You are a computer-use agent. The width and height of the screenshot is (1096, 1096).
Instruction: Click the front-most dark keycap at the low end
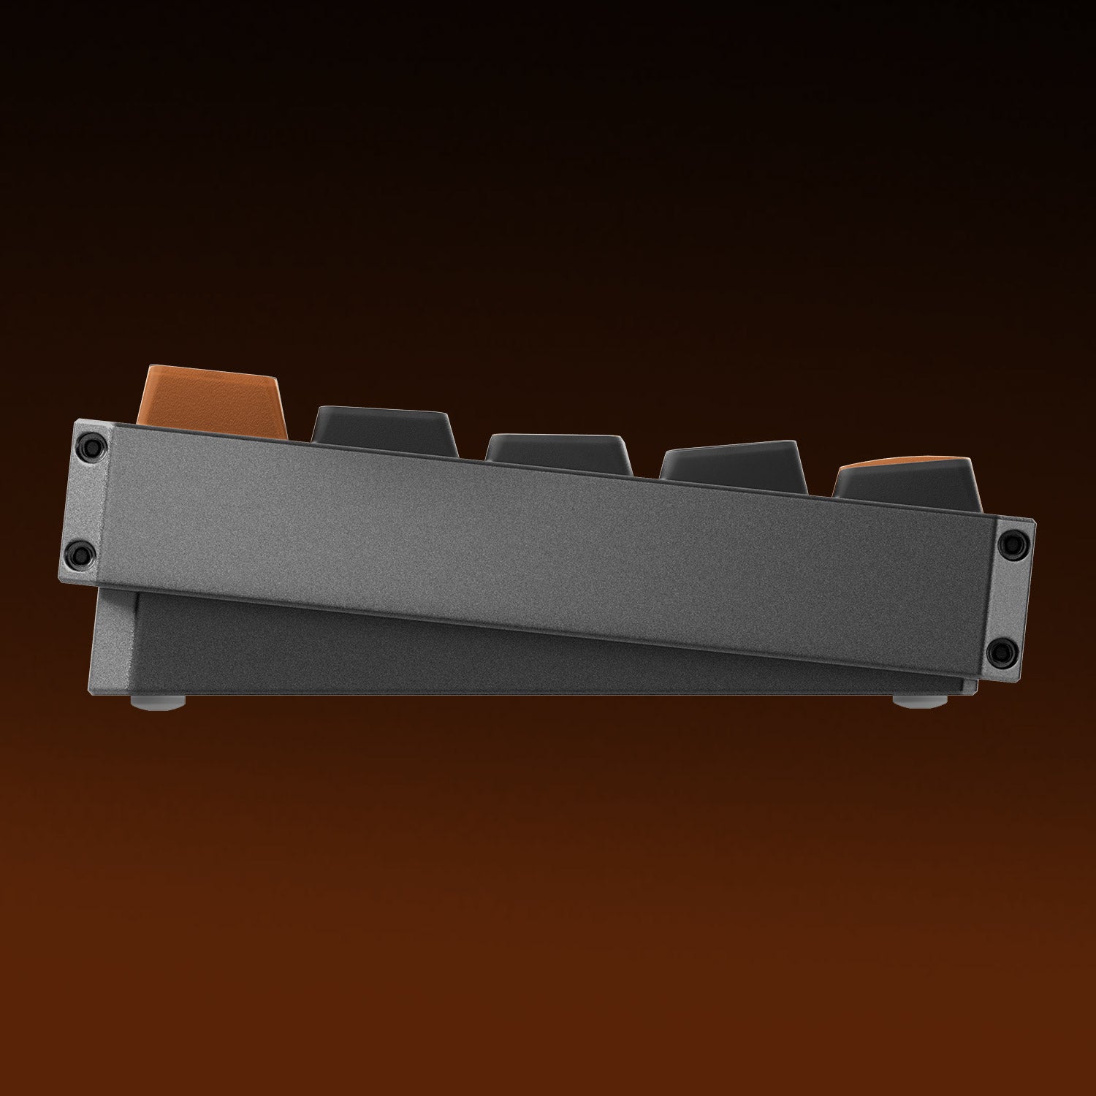click(x=906, y=490)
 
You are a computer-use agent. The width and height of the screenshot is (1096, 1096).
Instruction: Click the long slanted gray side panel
click(x=548, y=541)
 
